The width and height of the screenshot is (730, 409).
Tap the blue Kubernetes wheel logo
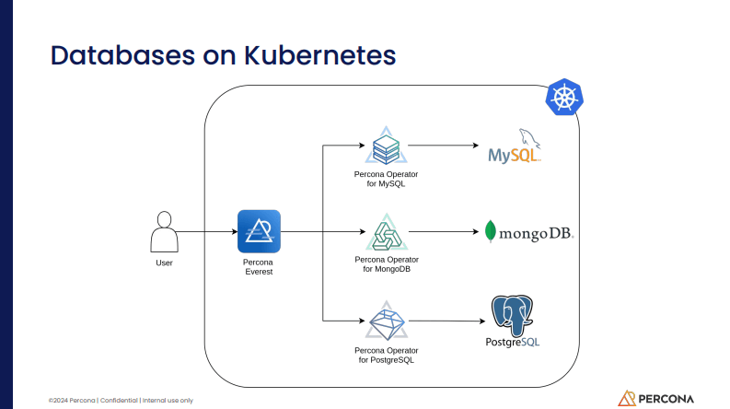564,98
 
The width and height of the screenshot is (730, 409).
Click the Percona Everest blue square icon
259,231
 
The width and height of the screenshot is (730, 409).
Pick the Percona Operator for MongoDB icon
385,232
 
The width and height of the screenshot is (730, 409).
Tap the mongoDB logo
528,232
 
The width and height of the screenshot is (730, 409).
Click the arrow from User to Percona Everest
207,231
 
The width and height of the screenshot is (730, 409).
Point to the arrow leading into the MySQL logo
442,146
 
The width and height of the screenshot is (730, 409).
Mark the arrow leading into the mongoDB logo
442,232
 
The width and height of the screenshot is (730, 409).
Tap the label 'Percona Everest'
258,267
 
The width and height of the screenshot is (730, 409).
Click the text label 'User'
164,263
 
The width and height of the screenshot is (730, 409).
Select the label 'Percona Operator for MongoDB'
386,264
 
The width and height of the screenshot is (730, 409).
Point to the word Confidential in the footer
119,401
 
